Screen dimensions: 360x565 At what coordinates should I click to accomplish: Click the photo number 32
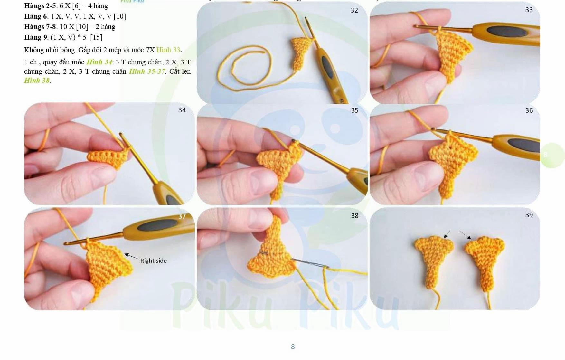point(354,10)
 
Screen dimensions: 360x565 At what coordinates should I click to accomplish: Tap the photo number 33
point(529,10)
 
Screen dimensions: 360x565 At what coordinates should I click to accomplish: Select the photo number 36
point(529,110)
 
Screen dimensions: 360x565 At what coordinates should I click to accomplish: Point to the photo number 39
point(529,215)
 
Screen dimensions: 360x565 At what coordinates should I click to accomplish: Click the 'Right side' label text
point(153,261)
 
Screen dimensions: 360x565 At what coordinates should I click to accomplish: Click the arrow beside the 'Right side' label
point(132,257)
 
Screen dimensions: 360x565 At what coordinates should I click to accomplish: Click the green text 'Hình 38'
point(37,81)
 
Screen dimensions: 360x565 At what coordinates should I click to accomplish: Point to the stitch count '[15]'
point(96,37)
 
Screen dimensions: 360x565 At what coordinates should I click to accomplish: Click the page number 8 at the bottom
point(293,347)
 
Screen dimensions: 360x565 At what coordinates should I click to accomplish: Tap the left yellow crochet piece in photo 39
point(433,258)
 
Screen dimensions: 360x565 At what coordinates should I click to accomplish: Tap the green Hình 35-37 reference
point(147,71)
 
